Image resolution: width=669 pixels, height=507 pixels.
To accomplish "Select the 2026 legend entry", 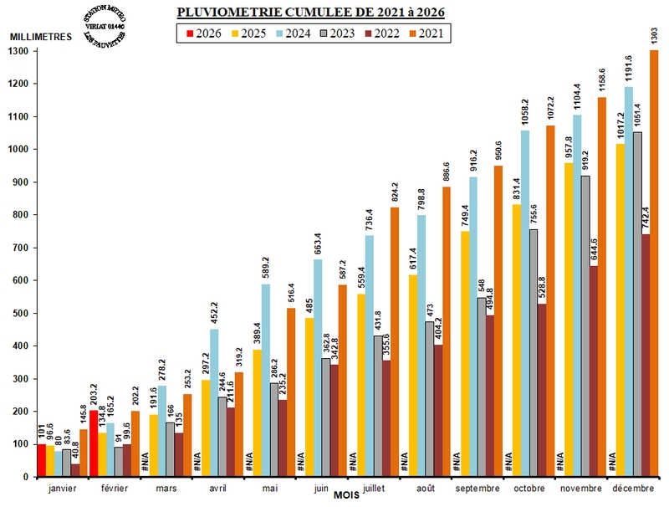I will pos(202,33).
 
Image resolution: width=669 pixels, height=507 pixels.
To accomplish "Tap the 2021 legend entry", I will pos(430,33).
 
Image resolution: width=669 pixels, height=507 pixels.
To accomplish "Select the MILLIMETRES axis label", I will pos(39,37).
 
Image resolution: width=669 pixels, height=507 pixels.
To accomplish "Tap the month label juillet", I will pos(374,488).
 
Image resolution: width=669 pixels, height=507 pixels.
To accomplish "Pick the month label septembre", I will pos(477,488).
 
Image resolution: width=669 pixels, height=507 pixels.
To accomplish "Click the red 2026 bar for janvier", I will pos(42,460).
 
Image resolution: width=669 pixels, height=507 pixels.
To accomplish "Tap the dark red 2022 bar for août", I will pos(438,411).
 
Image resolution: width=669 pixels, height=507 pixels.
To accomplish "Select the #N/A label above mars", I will pos(145,462).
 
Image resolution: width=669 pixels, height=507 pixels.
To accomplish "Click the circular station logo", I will pos(102,28).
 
